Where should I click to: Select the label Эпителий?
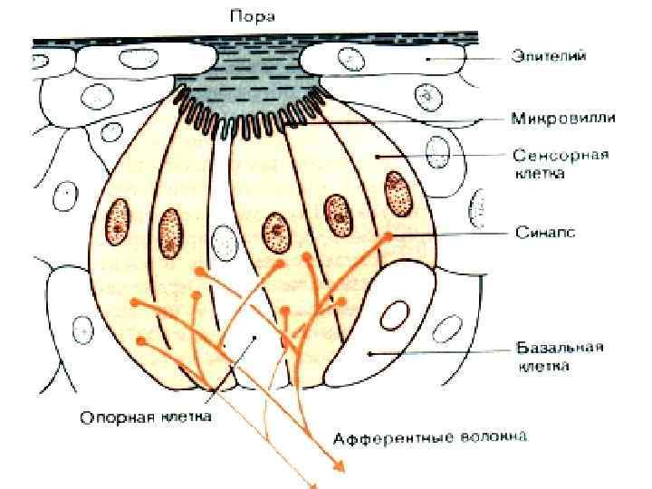[x=548, y=57]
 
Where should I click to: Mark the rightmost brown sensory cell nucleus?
[x=395, y=192]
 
